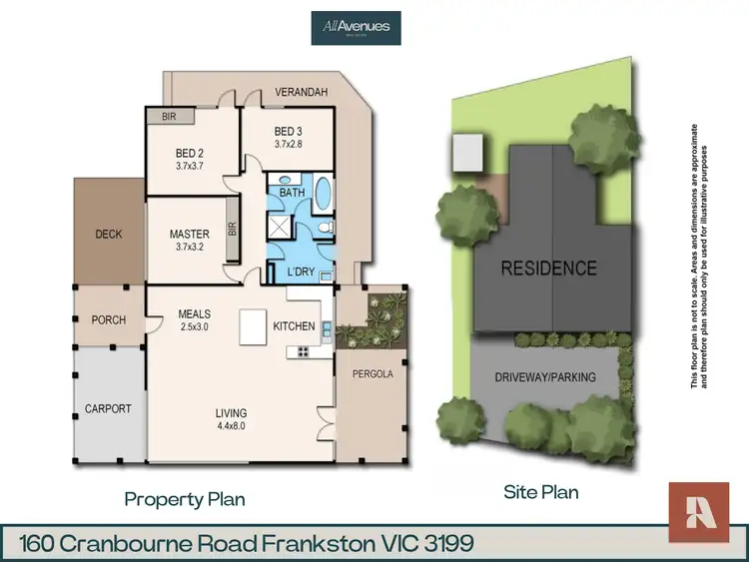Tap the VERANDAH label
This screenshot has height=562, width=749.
pyautogui.click(x=301, y=90)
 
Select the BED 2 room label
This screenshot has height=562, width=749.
pyautogui.click(x=190, y=153)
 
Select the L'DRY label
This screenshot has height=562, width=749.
pyautogui.click(x=300, y=273)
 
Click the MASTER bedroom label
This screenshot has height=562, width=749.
pyautogui.click(x=190, y=236)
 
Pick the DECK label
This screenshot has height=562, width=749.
pyautogui.click(x=108, y=235)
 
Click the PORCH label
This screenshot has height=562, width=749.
pyautogui.click(x=108, y=320)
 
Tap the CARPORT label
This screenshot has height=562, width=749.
pyautogui.click(x=108, y=409)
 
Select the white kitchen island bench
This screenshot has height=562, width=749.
pyautogui.click(x=254, y=327)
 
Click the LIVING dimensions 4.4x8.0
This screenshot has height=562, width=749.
pyautogui.click(x=232, y=426)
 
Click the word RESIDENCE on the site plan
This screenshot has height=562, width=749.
pyautogui.click(x=548, y=269)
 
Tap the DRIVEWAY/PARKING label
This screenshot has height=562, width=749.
pyautogui.click(x=545, y=377)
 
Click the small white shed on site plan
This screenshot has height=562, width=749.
pyautogui.click(x=467, y=153)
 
